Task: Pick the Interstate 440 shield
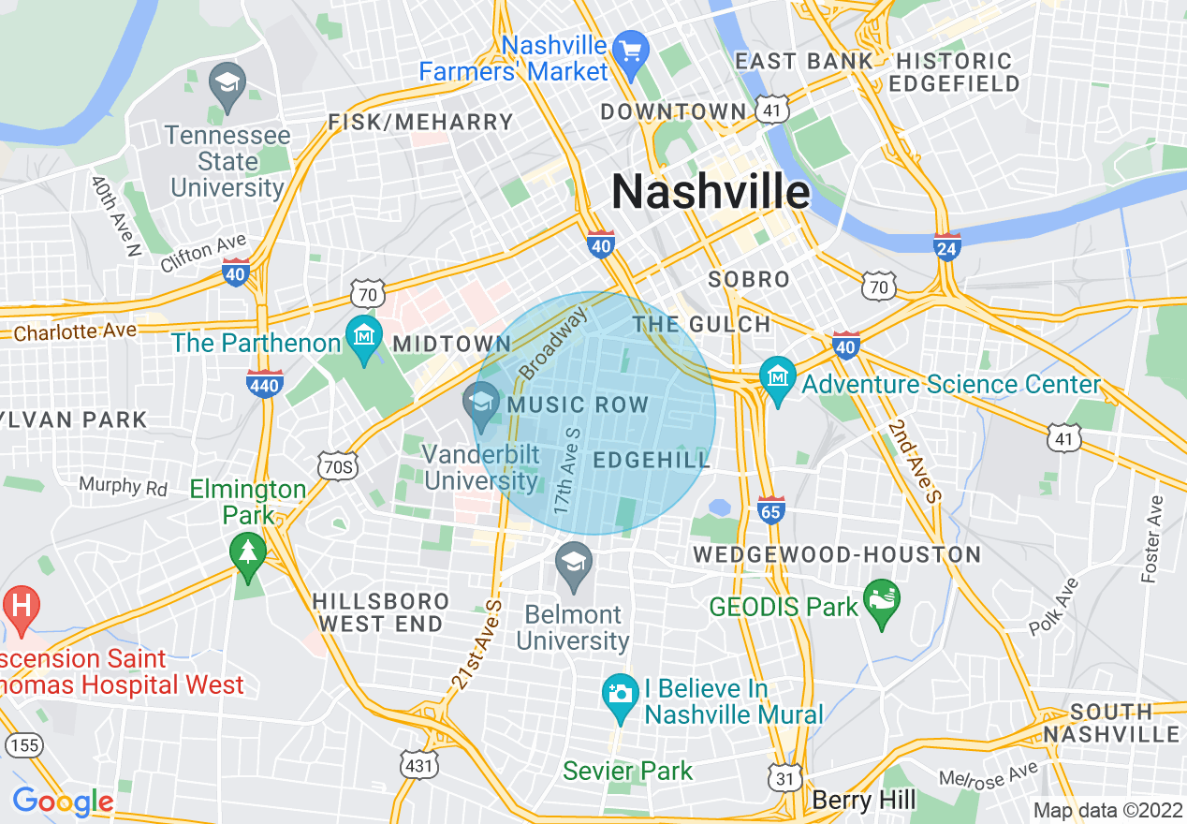click(265, 383)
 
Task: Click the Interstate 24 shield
click(947, 246)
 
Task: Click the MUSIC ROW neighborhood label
click(578, 405)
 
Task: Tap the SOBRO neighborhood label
click(749, 279)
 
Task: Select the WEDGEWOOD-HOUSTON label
click(837, 554)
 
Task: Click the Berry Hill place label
click(864, 801)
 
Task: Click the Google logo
click(63, 802)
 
